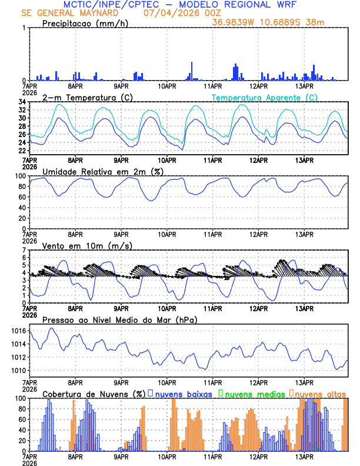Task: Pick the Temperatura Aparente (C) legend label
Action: (264, 97)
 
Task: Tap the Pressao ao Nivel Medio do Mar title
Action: (119, 319)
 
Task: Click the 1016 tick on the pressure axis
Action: (18, 331)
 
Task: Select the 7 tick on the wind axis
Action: (25, 250)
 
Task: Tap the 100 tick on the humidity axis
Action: (20, 176)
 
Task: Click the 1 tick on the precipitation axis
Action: (25, 28)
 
